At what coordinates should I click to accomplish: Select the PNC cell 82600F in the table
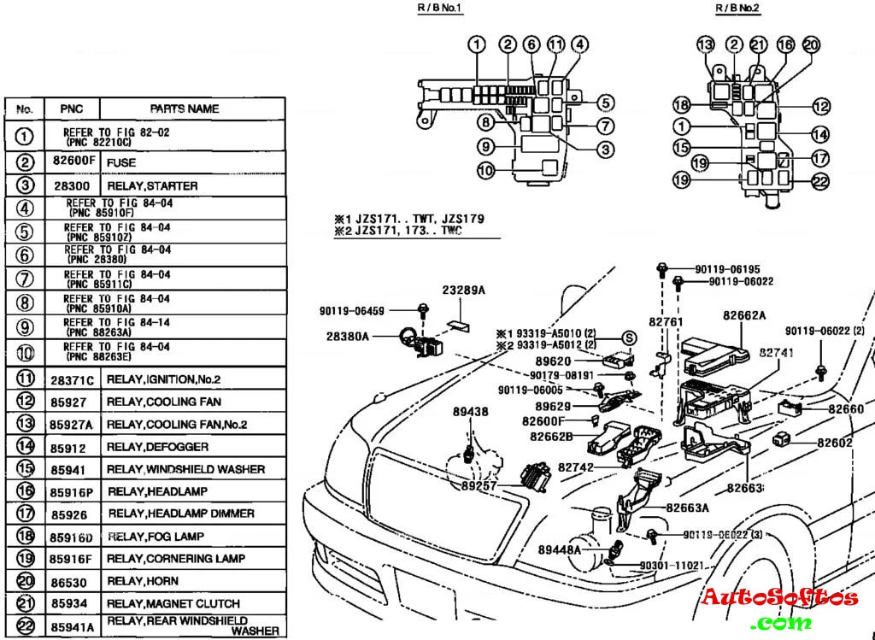tap(73, 162)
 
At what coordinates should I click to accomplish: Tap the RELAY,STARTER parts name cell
tap(152, 185)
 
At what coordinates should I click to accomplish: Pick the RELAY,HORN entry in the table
tap(143, 580)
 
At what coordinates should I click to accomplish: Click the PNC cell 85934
tap(68, 603)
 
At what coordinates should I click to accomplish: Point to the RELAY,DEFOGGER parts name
tap(157, 446)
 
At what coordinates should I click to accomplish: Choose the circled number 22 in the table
tap(26, 625)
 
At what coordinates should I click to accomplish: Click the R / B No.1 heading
tap(440, 8)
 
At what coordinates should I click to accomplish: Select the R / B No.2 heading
tap(737, 8)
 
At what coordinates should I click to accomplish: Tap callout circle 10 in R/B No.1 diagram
tap(485, 171)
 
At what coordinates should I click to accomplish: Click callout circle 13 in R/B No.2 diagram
tap(705, 45)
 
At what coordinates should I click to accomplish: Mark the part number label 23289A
tap(463, 290)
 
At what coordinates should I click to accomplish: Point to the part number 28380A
tap(348, 337)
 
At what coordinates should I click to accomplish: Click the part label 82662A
tap(743, 314)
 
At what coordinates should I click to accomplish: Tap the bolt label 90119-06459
tap(352, 311)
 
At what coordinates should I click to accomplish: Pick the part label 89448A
tap(560, 549)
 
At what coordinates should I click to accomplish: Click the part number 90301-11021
tap(671, 566)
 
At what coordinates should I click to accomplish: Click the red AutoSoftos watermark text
tap(779, 596)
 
